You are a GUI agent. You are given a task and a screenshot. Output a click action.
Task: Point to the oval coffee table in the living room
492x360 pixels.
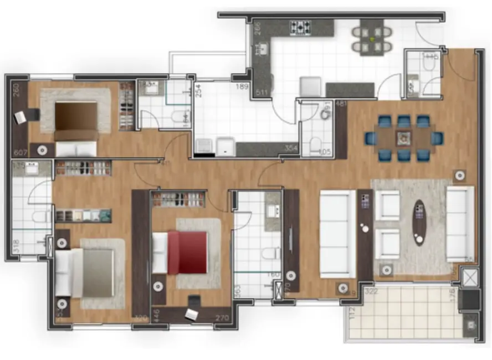419,223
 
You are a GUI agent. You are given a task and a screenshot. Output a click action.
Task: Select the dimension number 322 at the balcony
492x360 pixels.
370,290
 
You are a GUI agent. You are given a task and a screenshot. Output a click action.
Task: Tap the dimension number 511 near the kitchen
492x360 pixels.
260,92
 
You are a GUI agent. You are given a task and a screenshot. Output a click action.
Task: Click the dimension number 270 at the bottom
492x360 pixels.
222,318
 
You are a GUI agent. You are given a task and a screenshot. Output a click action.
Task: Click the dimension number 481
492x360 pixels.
341,104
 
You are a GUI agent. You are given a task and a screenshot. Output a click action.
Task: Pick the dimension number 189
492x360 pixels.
242,86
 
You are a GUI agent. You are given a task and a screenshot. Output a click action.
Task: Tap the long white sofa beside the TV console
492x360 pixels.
337,233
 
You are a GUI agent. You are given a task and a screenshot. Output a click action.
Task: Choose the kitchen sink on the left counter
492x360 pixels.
263,50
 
